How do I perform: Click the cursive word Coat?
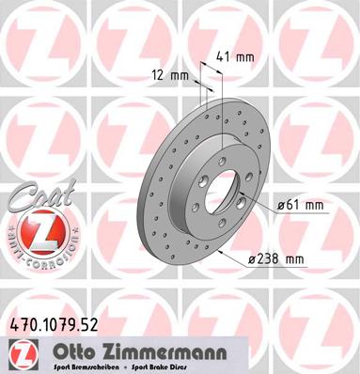pos(31,200)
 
